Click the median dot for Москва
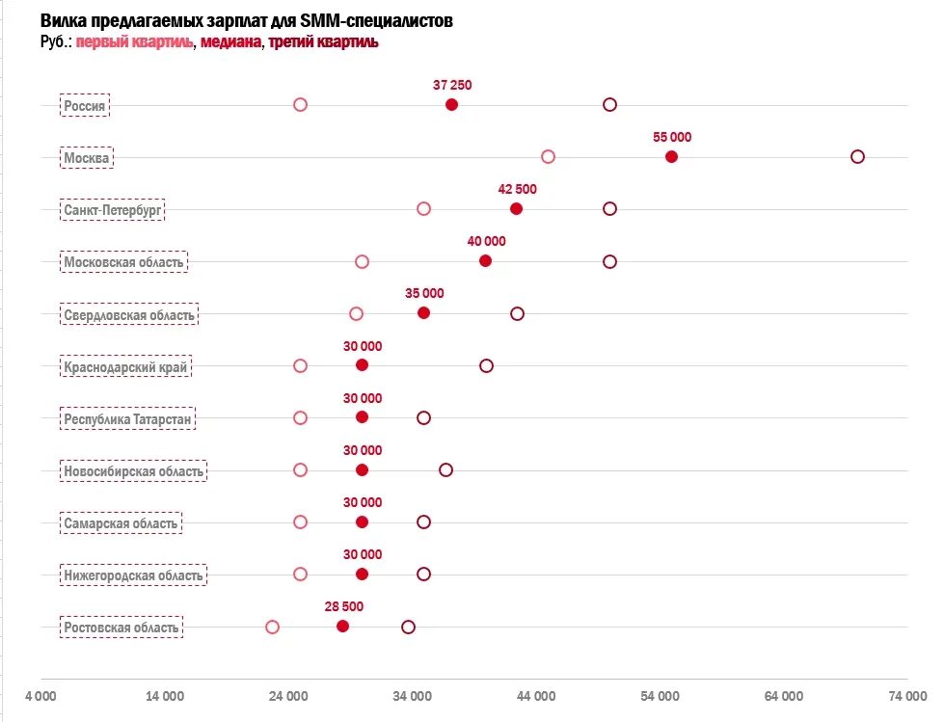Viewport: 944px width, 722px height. [x=671, y=157]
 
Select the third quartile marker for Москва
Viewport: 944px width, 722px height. [x=857, y=157]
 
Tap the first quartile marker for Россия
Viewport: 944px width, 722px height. [x=300, y=105]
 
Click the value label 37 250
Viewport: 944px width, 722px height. [x=452, y=85]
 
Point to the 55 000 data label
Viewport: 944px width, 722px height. [x=672, y=137]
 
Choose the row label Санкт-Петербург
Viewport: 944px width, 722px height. [x=113, y=209]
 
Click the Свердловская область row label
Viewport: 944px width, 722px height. [x=129, y=314]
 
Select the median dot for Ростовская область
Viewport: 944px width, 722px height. [x=342, y=627]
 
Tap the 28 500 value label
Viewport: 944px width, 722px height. [x=344, y=606]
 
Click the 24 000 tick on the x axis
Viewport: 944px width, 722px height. [x=288, y=696]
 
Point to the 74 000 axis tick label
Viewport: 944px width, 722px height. [x=907, y=696]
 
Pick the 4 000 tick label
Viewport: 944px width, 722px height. [x=40, y=696]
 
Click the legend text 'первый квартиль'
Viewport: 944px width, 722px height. [x=135, y=42]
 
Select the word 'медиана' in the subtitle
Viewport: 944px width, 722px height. [x=231, y=42]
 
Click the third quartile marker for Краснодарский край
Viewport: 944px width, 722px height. [x=486, y=366]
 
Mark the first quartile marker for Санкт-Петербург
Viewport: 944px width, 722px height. [x=423, y=209]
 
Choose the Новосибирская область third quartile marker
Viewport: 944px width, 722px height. [x=445, y=470]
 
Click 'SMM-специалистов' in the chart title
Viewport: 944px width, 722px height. [x=382, y=20]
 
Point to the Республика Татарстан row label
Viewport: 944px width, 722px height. [x=129, y=418]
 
